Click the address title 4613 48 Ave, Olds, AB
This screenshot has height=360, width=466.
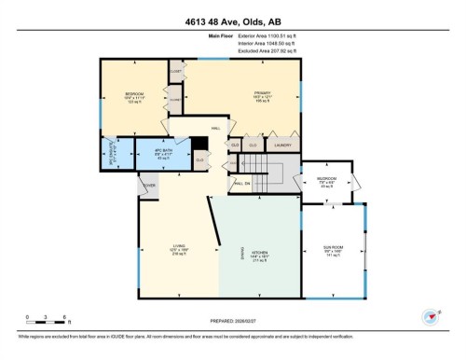232,15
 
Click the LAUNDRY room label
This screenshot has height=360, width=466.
283,145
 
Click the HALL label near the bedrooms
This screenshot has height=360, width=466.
215,129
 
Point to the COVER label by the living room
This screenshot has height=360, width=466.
148,186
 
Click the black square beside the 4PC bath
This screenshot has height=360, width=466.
198,143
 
